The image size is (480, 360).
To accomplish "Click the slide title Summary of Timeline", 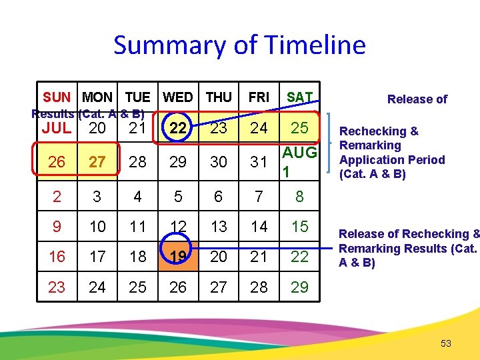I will [x=239, y=45].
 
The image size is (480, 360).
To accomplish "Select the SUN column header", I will [x=57, y=97].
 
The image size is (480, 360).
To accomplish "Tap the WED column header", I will [x=177, y=97].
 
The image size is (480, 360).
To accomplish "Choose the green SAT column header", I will [x=299, y=97].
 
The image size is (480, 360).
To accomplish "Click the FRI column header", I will [x=259, y=97].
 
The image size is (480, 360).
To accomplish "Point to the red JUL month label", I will [x=57, y=129].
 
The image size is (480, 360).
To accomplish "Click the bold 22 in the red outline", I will [x=177, y=129].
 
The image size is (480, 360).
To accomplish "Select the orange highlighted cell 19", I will [x=178, y=257].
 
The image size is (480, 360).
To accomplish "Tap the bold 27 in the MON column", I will [x=97, y=162].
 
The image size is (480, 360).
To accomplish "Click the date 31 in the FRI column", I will [x=259, y=162].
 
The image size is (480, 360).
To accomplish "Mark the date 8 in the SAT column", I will [x=299, y=197].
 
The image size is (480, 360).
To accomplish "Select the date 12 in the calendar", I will [x=178, y=227].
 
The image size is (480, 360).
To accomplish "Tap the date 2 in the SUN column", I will [x=57, y=197].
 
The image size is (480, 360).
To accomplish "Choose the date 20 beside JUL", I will [x=97, y=129].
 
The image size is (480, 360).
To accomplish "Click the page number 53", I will [x=446, y=343].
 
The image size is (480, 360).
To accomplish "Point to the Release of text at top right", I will [x=417, y=99].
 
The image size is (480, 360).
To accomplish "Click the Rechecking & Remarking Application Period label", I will [x=391, y=153].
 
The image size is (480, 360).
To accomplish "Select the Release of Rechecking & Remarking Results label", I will [x=409, y=248].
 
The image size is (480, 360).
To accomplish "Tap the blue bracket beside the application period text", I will [x=329, y=145].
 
